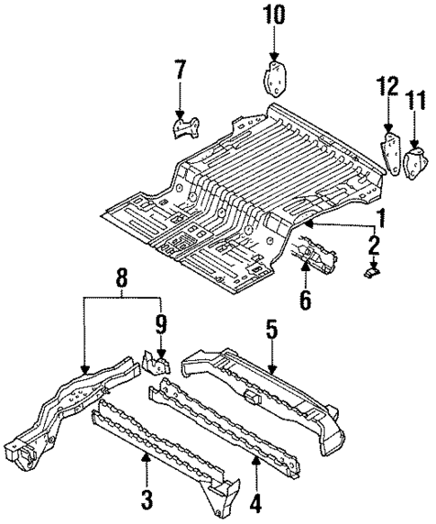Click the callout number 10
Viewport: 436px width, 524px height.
pos(273,14)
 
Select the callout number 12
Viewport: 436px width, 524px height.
pos(387,86)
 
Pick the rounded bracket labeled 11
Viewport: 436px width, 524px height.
pos(415,164)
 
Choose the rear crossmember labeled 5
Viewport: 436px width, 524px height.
pos(270,387)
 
